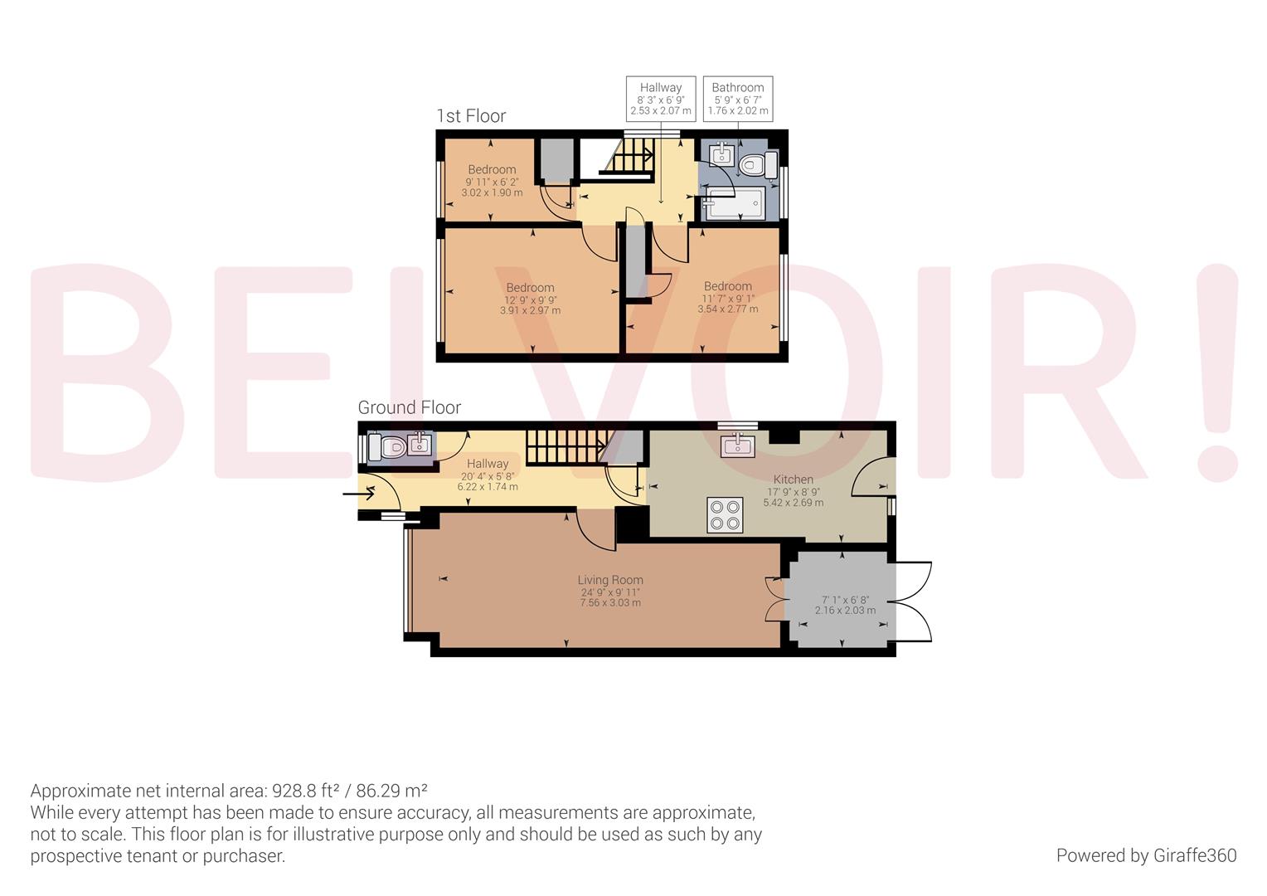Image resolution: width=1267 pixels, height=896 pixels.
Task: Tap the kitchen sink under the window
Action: click(x=737, y=446)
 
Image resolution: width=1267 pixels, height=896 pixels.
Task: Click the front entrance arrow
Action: click(x=357, y=495)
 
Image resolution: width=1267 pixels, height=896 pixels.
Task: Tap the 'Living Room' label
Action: click(x=610, y=580)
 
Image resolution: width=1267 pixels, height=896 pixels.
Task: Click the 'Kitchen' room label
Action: click(x=793, y=479)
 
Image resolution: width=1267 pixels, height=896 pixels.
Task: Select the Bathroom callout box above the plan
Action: click(x=737, y=99)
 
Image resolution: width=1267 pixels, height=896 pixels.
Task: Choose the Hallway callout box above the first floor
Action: click(x=660, y=99)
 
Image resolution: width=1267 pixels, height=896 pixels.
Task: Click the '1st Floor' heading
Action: click(x=471, y=115)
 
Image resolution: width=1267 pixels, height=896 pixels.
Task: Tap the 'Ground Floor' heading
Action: click(x=409, y=407)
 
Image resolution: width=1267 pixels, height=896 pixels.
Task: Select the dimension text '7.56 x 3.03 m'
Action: click(x=610, y=603)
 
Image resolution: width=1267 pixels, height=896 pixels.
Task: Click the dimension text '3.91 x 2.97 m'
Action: click(x=530, y=311)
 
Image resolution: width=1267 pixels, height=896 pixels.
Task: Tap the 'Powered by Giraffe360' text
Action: click(x=1146, y=855)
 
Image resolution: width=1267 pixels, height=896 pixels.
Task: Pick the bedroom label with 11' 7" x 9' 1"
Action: click(x=727, y=286)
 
